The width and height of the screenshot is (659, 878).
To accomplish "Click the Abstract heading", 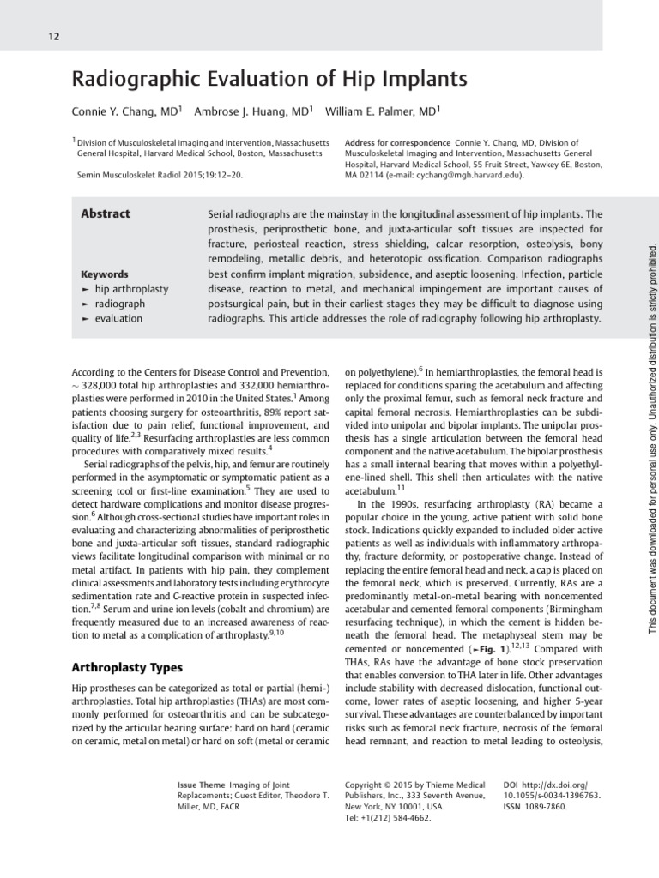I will (106, 214).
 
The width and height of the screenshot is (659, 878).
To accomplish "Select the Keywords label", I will (105, 274).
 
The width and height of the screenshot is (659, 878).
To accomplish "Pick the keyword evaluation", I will (118, 318).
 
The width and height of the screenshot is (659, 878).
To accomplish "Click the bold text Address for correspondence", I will (396, 142).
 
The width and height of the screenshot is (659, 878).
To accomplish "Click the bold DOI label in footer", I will (511, 784).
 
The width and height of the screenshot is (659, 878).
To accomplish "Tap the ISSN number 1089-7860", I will (547, 806).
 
